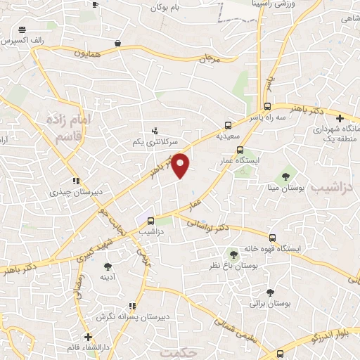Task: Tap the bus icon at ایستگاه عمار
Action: pyautogui.click(x=240, y=149)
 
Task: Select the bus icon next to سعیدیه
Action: pyautogui.click(x=229, y=120)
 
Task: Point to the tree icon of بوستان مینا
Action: pyautogui.click(x=286, y=176)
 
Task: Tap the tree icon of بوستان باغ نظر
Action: pyautogui.click(x=233, y=254)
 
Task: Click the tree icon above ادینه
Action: pyautogui.click(x=108, y=266)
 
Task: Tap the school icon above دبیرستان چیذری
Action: pyautogui.click(x=75, y=180)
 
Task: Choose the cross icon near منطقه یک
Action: pyautogui.click(x=340, y=118)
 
